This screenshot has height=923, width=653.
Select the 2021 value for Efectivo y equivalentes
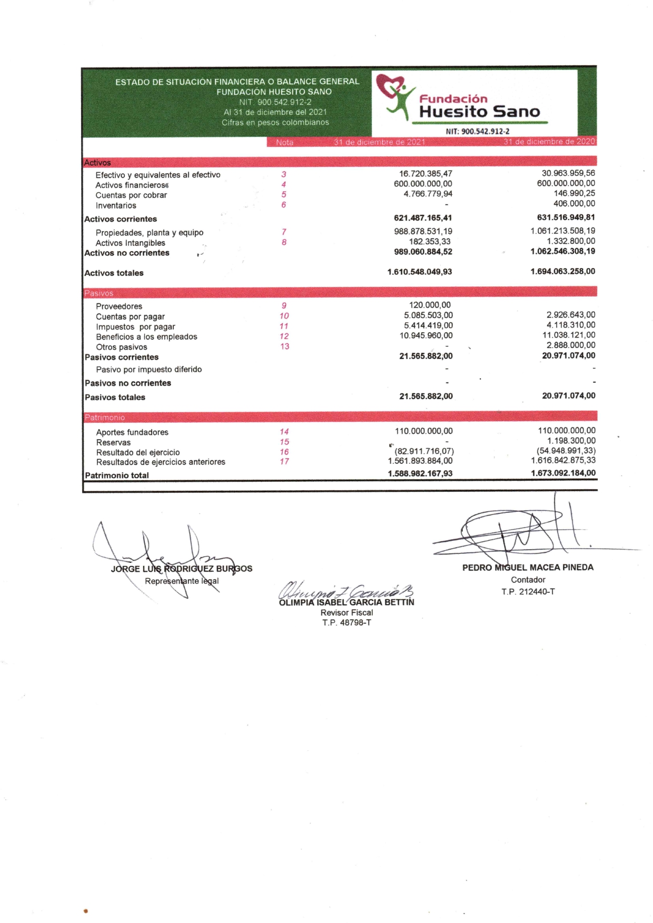click(x=426, y=174)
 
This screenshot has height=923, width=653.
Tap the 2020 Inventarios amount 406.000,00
click(x=574, y=204)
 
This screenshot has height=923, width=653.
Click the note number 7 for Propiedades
click(x=284, y=232)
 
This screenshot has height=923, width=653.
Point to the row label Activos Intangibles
click(x=130, y=243)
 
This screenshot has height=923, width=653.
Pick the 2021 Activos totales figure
click(x=419, y=272)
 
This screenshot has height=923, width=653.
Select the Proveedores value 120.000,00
click(x=430, y=305)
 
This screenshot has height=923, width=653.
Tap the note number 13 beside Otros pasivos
click(x=284, y=346)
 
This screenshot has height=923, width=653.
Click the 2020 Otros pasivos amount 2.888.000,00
click(x=571, y=345)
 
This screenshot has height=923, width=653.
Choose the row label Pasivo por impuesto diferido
click(x=149, y=370)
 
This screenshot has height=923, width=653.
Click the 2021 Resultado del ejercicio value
click(x=424, y=451)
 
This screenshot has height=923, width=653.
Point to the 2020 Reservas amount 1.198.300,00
click(x=571, y=441)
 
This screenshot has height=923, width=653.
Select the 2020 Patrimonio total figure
click(x=563, y=473)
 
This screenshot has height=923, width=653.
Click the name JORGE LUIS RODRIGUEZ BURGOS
click(x=181, y=569)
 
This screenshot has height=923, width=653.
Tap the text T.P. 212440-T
click(x=528, y=592)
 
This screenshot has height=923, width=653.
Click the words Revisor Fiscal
click(x=347, y=613)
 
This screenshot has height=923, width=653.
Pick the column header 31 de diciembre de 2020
click(x=549, y=142)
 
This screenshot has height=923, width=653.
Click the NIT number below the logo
click(x=477, y=132)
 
